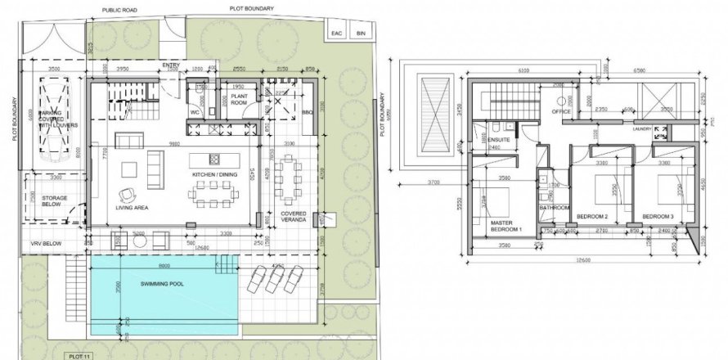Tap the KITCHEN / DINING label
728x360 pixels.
[216, 176]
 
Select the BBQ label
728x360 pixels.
[308, 111]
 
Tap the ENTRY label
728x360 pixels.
[171, 65]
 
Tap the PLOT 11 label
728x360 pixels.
[79, 355]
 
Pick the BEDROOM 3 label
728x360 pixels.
[658, 216]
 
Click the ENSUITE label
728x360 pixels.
[494, 139]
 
